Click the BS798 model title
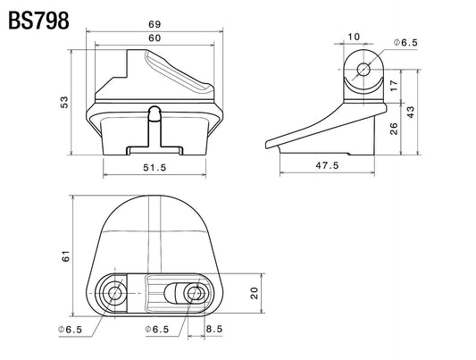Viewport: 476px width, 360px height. (x=38, y=21)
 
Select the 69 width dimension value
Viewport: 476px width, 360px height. (x=154, y=24)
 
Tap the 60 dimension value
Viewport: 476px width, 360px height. (x=154, y=38)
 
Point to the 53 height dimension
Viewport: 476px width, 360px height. (x=64, y=103)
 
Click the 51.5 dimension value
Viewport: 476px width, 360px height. (x=154, y=167)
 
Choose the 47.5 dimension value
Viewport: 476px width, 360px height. (x=327, y=165)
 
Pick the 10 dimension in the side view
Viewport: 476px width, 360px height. (x=354, y=37)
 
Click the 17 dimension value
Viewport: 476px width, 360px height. (x=394, y=86)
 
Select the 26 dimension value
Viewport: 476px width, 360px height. (x=394, y=129)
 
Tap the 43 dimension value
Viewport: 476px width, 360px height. (x=410, y=112)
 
